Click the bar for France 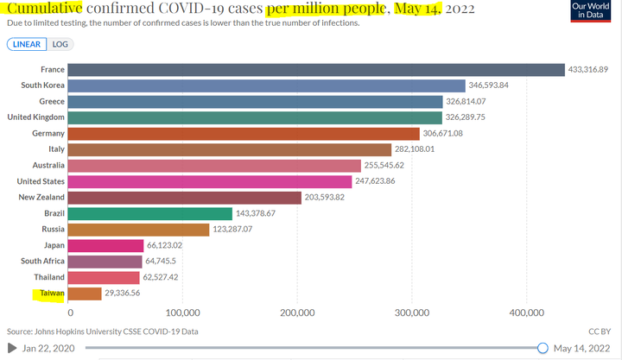tap(317, 70)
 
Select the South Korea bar tap(267, 85)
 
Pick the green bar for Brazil tap(151, 213)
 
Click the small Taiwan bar tap(86, 294)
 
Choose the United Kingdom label tap(36, 117)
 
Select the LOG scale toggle tap(60, 44)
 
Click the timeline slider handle tap(543, 347)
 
